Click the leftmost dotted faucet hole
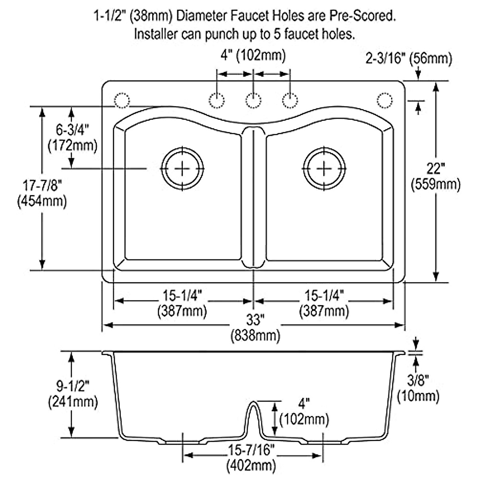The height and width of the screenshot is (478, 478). [x=122, y=100]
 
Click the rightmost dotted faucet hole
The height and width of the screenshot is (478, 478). [x=384, y=100]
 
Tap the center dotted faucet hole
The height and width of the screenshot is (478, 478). [x=253, y=100]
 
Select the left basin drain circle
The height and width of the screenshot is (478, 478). [x=182, y=168]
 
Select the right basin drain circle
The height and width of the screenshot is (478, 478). [x=324, y=168]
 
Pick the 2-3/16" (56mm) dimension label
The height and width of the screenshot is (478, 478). [x=409, y=59]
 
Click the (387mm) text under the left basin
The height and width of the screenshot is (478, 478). [x=182, y=311]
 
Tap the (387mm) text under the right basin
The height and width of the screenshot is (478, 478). [x=324, y=311]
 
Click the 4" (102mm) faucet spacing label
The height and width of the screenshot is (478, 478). [x=253, y=55]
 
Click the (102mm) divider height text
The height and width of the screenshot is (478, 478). [x=304, y=419]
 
